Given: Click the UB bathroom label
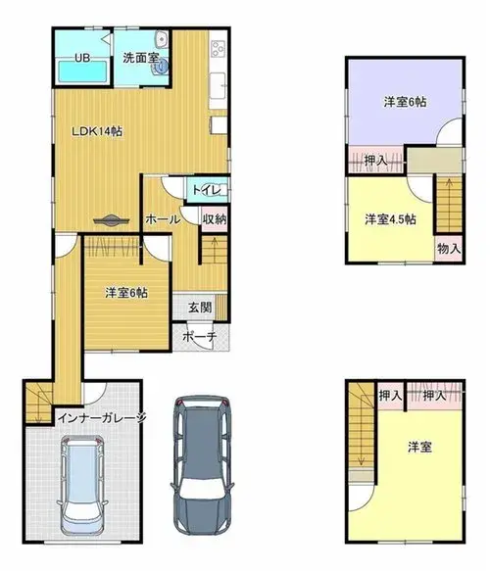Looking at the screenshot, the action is [82, 58].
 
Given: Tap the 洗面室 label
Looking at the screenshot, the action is [140, 58].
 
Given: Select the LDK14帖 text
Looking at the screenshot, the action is [97, 131].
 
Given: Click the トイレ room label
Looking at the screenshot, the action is [206, 190].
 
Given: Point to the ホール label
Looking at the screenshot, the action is [163, 219].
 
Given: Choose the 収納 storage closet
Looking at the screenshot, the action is [215, 219].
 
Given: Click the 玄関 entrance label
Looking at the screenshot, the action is [200, 307].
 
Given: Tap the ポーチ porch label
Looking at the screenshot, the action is [199, 336].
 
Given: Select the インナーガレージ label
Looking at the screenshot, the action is [102, 417].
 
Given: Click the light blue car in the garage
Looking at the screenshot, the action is [82, 485].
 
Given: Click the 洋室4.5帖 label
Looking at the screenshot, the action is [391, 219].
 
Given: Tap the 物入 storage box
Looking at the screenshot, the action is [449, 249].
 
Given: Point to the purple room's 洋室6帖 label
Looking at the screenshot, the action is [405, 102].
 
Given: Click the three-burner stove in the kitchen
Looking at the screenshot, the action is [219, 49].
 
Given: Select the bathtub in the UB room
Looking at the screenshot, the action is [82, 71].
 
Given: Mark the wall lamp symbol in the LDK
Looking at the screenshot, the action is [111, 220].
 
